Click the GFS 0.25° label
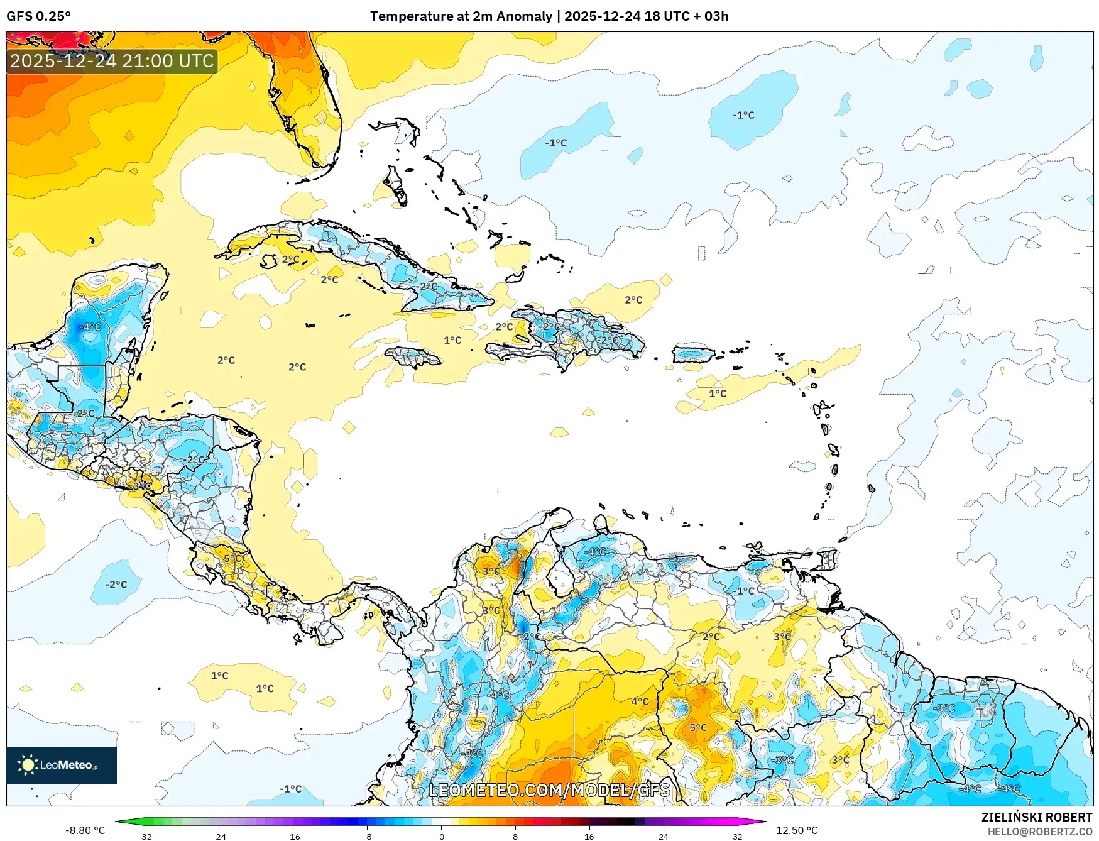(38, 16)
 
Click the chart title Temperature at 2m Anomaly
(461, 16)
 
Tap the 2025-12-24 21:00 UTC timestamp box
(112, 61)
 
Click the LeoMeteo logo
(61, 765)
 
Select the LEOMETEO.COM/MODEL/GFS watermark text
(549, 790)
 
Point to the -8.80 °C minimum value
(85, 830)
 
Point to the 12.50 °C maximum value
(797, 830)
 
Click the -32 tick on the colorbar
(145, 836)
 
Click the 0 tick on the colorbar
(441, 836)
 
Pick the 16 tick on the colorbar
(589, 836)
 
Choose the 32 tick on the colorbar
(737, 836)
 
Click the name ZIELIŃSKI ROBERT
(1036, 817)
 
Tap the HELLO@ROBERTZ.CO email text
(1039, 832)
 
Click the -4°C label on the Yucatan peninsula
(90, 327)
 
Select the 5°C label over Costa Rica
(232, 558)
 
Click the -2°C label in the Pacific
(116, 585)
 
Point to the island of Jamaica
(413, 357)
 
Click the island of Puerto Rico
(693, 354)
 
